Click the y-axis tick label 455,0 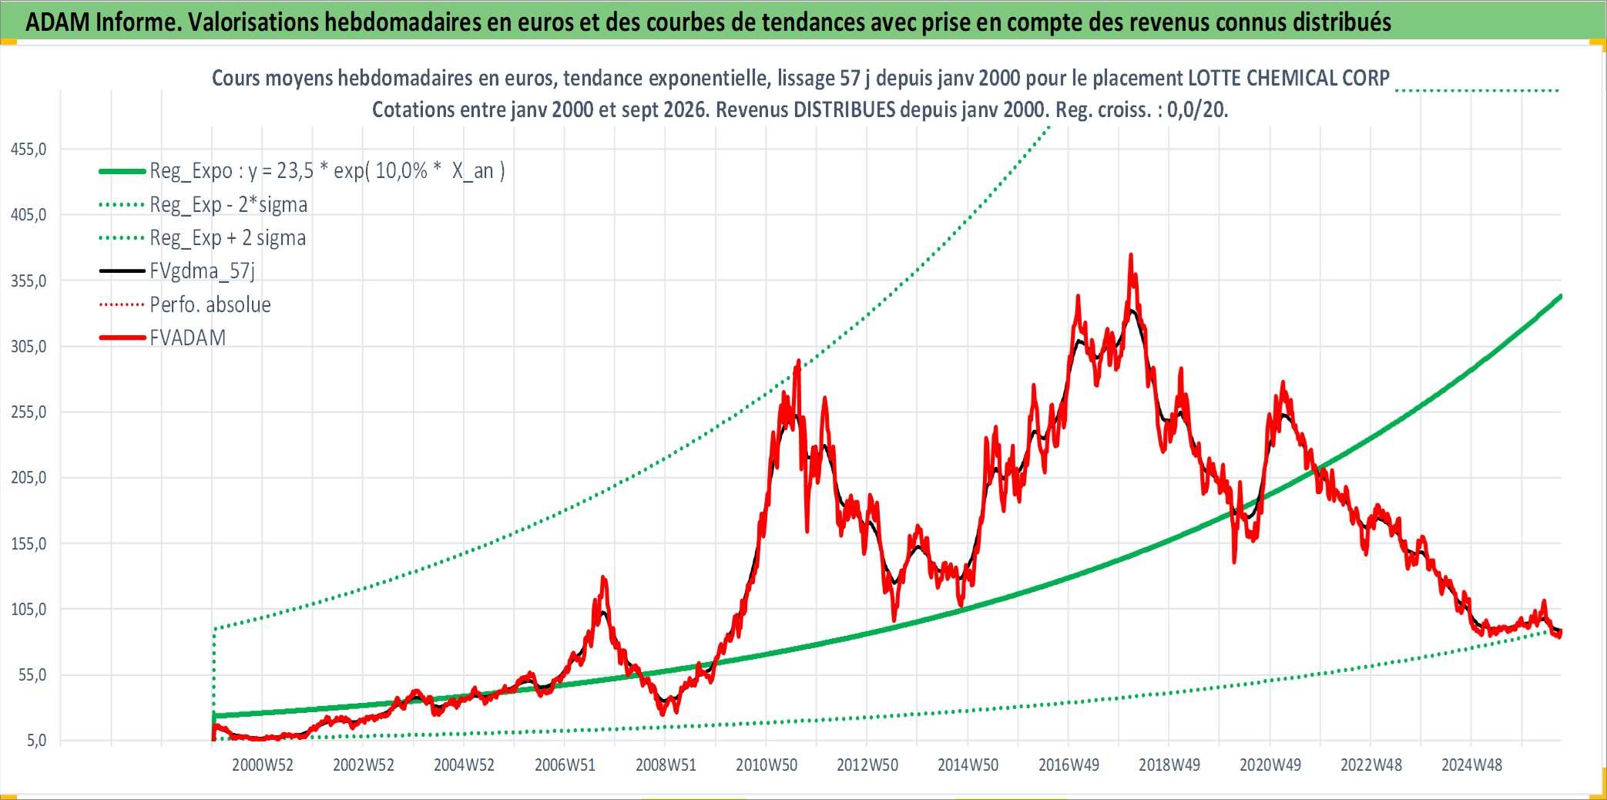(x=29, y=150)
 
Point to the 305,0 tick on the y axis (x=29, y=347)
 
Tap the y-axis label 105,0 (x=29, y=610)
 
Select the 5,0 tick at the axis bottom (x=36, y=741)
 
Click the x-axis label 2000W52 (x=263, y=765)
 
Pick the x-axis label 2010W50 (x=767, y=765)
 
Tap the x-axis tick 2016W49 (x=1069, y=765)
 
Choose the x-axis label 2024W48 (x=1472, y=765)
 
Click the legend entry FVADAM (x=188, y=338)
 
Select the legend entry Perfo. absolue (x=210, y=304)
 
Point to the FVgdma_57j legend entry (x=202, y=271)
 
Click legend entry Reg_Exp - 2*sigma (x=229, y=204)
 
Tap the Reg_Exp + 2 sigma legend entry (x=228, y=237)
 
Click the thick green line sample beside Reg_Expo (x=122, y=171)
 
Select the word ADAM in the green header (x=59, y=22)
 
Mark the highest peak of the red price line (x=1131, y=254)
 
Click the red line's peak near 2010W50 (x=798, y=361)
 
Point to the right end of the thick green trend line (x=1561, y=296)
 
